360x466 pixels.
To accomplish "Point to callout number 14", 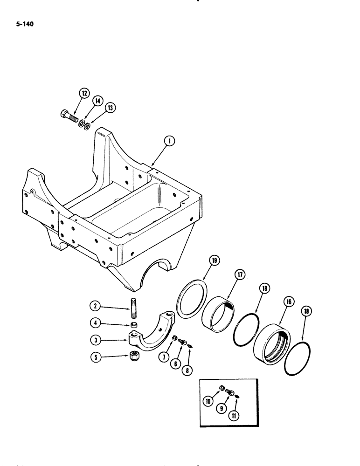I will pyautogui.click(x=97, y=101).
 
